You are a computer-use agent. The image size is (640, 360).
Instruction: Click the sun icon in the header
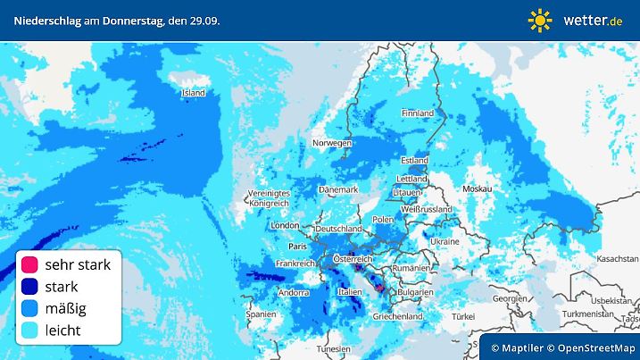coord(540,20)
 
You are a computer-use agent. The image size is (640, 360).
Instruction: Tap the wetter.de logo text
coord(593,20)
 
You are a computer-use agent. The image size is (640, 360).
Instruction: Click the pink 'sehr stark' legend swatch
coord(29,265)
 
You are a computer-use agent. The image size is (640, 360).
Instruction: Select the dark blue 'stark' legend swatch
coord(29,287)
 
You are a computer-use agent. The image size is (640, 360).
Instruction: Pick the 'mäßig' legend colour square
coord(29,309)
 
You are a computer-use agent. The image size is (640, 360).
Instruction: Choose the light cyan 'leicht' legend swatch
coord(29,331)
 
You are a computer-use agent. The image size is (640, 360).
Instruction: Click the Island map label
coord(193,93)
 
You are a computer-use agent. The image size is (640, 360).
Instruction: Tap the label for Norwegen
coord(332,143)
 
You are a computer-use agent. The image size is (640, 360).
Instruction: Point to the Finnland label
coord(417,113)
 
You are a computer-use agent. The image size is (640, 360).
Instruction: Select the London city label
coord(284,226)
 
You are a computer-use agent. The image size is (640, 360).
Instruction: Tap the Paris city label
coord(297,246)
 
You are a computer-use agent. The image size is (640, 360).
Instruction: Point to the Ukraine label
coord(445,241)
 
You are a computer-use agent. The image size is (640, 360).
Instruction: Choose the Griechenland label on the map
coord(398,316)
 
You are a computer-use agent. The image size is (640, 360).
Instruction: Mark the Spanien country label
coord(261,314)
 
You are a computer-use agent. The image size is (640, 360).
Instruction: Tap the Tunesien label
coord(334,348)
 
